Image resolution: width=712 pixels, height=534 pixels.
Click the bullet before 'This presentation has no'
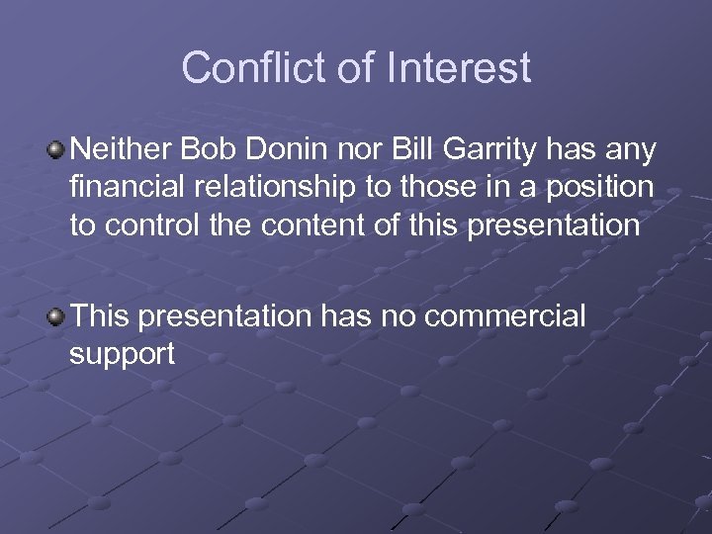[x=57, y=316]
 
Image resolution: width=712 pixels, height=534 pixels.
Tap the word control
[x=154, y=224]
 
